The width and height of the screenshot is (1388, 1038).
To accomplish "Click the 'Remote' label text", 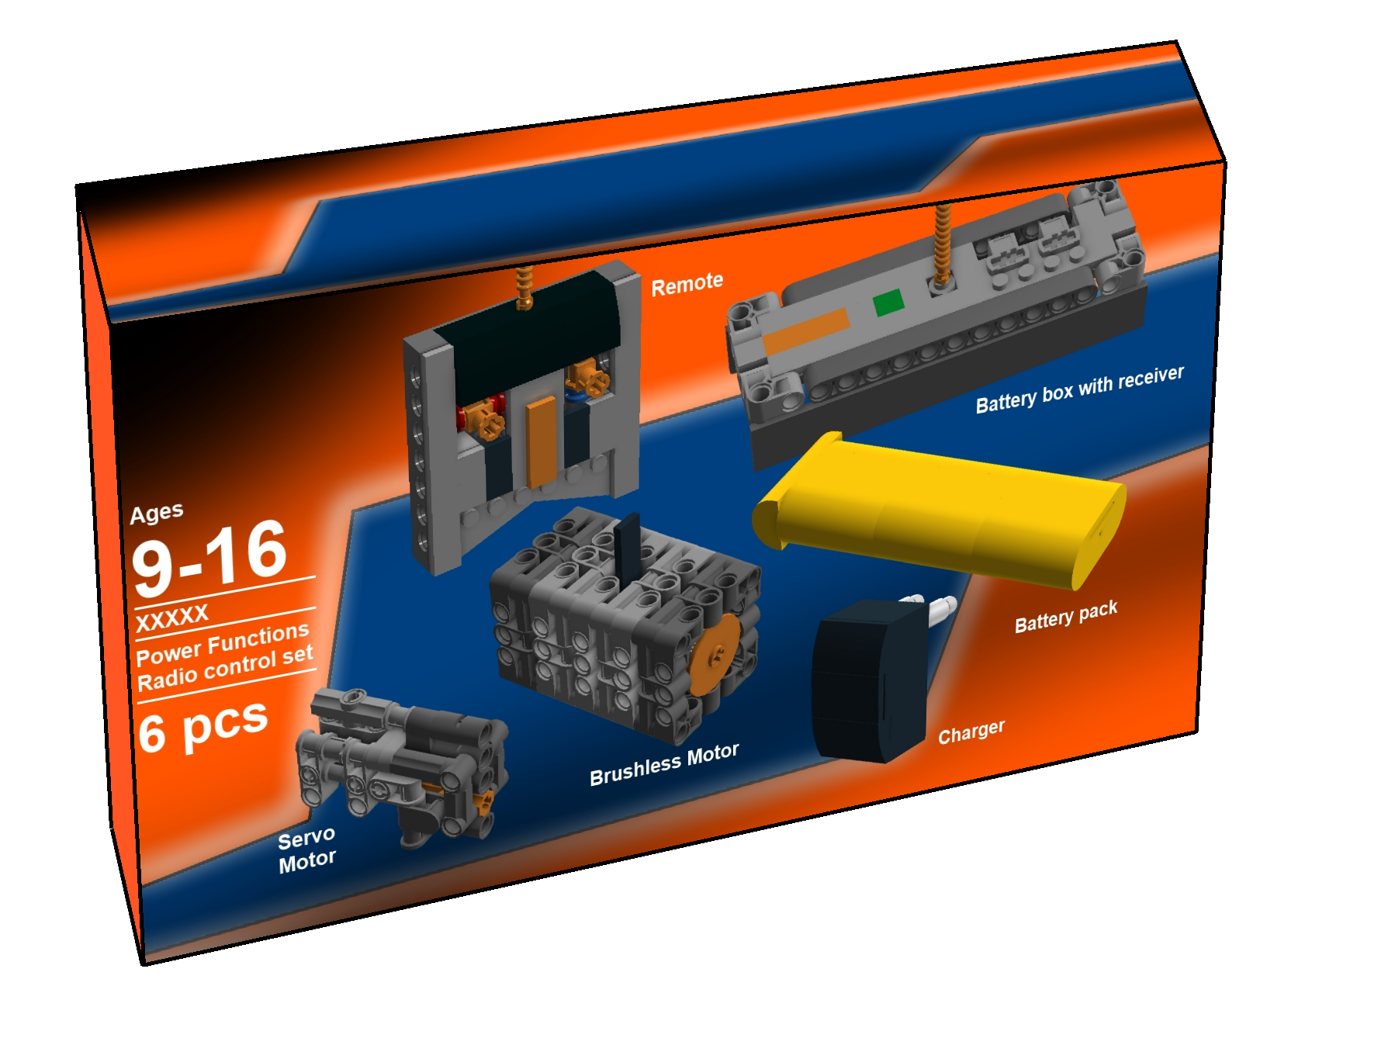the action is [x=687, y=284].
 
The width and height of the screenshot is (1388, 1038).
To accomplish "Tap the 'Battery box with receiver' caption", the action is [x=1079, y=389].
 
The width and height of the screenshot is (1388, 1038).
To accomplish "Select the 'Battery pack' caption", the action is [x=1066, y=616].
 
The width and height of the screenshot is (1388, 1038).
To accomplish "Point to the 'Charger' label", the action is [x=971, y=731].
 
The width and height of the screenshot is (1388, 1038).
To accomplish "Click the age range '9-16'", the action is [x=209, y=557].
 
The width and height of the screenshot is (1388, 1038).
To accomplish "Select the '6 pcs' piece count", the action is [x=203, y=726].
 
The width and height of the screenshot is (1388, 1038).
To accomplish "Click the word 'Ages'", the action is [x=157, y=513].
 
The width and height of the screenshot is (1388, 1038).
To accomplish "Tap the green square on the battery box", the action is [x=888, y=303].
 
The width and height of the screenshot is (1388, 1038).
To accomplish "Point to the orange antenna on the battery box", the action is [x=943, y=244].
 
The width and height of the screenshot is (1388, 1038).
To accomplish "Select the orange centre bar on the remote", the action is [x=542, y=442].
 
